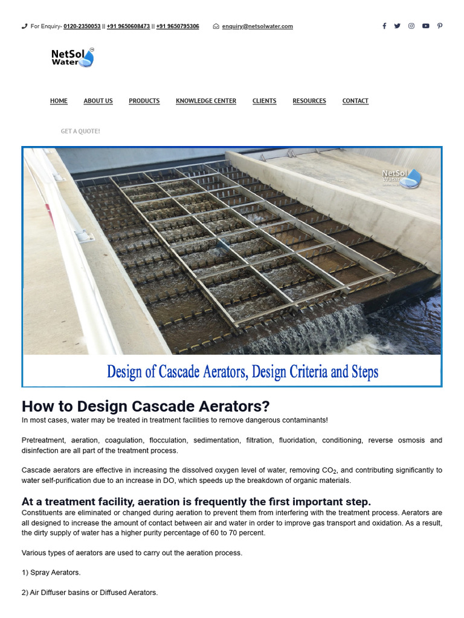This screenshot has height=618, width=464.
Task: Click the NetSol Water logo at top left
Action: pos(72,57)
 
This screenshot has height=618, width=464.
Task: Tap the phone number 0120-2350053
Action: pos(82,27)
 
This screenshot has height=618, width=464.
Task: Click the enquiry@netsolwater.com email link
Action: pos(257,27)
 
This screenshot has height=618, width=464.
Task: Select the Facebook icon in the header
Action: pos(384,26)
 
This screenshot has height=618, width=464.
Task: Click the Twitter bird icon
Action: pos(397,26)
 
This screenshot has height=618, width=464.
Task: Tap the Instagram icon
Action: pos(411,26)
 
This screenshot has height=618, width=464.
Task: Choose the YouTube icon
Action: pos(426,26)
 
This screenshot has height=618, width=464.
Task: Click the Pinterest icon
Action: pos(440,26)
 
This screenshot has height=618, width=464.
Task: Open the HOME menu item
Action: pos(59,101)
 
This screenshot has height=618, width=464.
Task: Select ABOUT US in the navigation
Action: pos(98,101)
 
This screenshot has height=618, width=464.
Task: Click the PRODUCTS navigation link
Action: pos(144,101)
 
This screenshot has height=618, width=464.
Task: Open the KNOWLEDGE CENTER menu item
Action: pos(206,101)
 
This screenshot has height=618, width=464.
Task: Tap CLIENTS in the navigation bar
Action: pos(264,101)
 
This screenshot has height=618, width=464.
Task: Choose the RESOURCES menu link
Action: pos(309,101)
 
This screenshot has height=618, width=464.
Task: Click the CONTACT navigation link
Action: pos(355,101)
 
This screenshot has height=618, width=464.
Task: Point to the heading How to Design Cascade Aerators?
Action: pos(146,406)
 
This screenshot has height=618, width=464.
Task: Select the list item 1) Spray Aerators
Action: pos(51,572)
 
